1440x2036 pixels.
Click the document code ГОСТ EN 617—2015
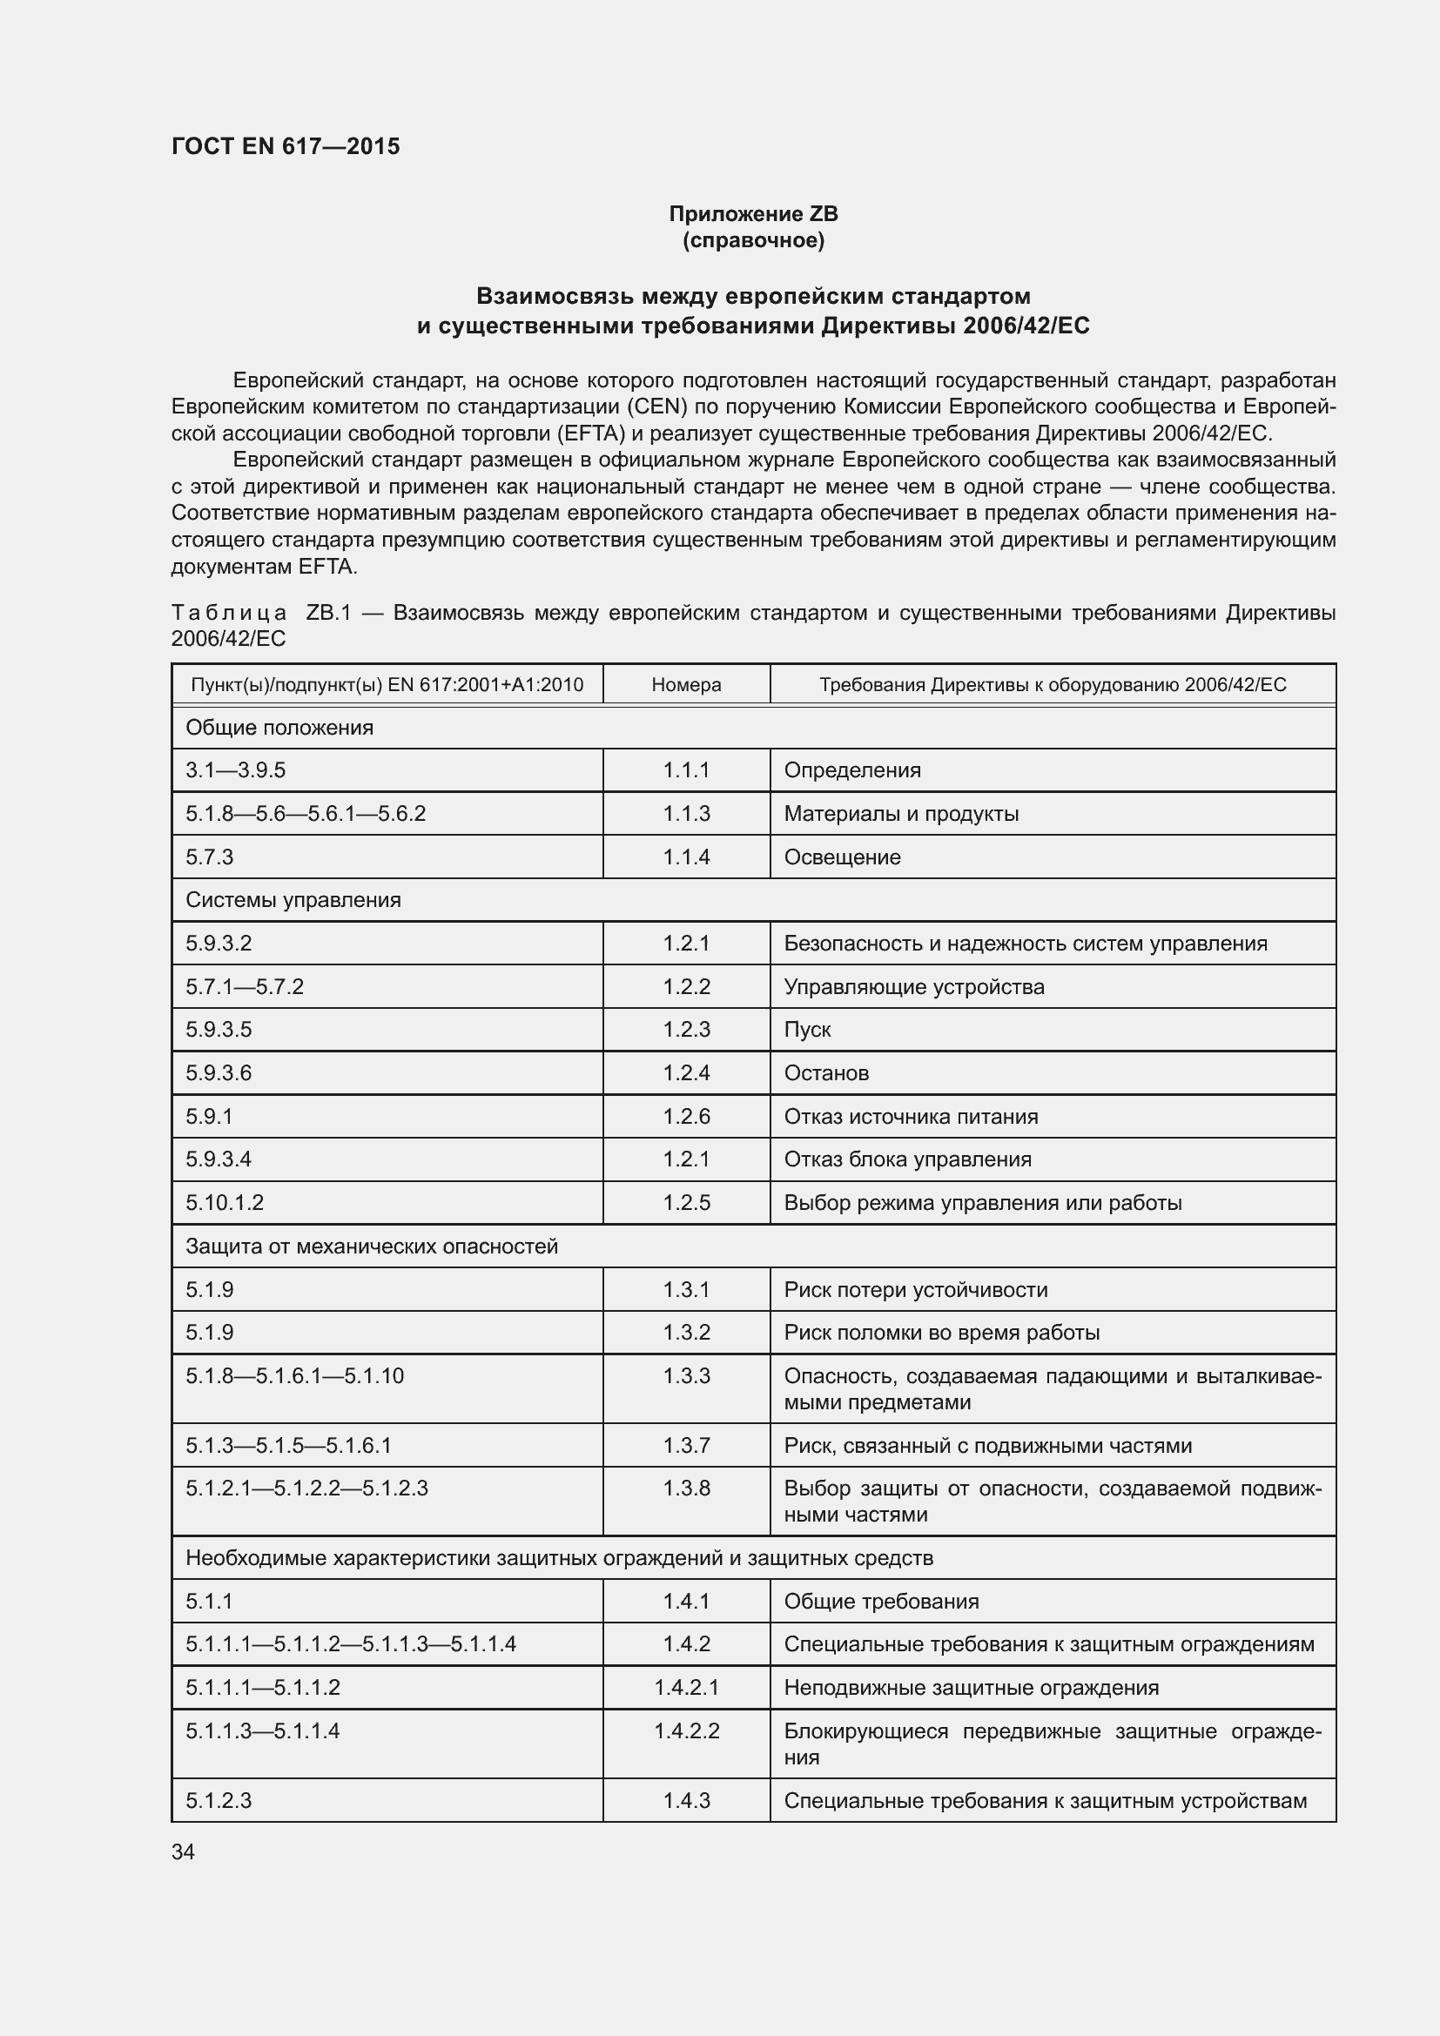pyautogui.click(x=286, y=146)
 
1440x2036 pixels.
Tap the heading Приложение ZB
pyautogui.click(x=753, y=214)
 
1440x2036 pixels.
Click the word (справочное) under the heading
pyautogui.click(x=753, y=240)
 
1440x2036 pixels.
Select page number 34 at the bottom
pyautogui.click(x=183, y=1851)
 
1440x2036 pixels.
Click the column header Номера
pyautogui.click(x=685, y=684)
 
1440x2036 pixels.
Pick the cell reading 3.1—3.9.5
pyautogui.click(x=235, y=769)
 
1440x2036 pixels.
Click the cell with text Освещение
pyautogui.click(x=842, y=857)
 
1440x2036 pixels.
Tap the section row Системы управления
pyautogui.click(x=293, y=900)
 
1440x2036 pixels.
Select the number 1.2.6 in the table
pyautogui.click(x=685, y=1117)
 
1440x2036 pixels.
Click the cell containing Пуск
pyautogui.click(x=807, y=1030)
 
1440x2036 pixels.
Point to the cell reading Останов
pyautogui.click(x=825, y=1073)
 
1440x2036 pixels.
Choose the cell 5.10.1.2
pyautogui.click(x=225, y=1202)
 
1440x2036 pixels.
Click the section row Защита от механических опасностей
pyautogui.click(x=372, y=1246)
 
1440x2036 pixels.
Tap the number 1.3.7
pyautogui.click(x=685, y=1446)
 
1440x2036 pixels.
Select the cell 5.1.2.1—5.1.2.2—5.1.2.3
pyautogui.click(x=306, y=1488)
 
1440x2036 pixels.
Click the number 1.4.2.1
pyautogui.click(x=685, y=1688)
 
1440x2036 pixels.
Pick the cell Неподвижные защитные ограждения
pyautogui.click(x=971, y=1688)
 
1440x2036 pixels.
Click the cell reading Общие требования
pyautogui.click(x=880, y=1602)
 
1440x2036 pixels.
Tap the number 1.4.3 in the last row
pyautogui.click(x=685, y=1800)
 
